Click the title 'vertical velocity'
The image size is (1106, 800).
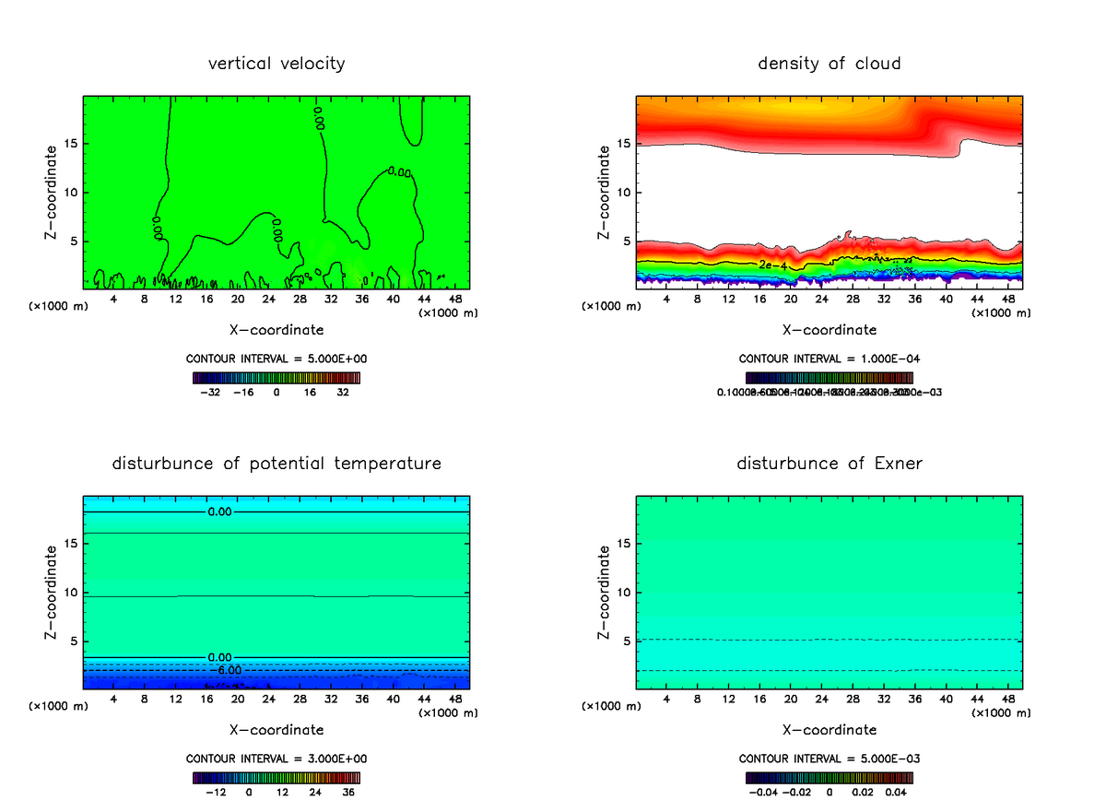(276, 64)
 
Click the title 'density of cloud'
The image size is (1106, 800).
(829, 64)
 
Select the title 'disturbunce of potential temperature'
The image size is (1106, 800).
(276, 463)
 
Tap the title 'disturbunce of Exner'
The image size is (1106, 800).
(829, 463)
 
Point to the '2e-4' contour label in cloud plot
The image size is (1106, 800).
(772, 265)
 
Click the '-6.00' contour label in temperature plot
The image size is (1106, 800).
(222, 670)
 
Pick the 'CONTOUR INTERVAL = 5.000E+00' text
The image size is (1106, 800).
(276, 359)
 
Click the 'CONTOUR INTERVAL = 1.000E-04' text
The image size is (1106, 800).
(829, 359)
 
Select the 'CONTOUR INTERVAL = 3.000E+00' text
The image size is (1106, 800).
(276, 759)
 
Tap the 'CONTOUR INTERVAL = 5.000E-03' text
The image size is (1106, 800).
(829, 759)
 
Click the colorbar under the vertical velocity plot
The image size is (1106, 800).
(276, 378)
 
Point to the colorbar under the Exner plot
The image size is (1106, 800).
(829, 777)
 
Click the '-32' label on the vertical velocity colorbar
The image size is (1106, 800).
(212, 392)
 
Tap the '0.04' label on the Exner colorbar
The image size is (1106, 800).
(894, 791)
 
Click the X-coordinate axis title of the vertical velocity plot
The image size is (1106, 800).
(276, 329)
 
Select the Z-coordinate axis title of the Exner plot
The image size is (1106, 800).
(605, 592)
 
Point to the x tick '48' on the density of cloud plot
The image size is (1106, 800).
(1008, 299)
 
